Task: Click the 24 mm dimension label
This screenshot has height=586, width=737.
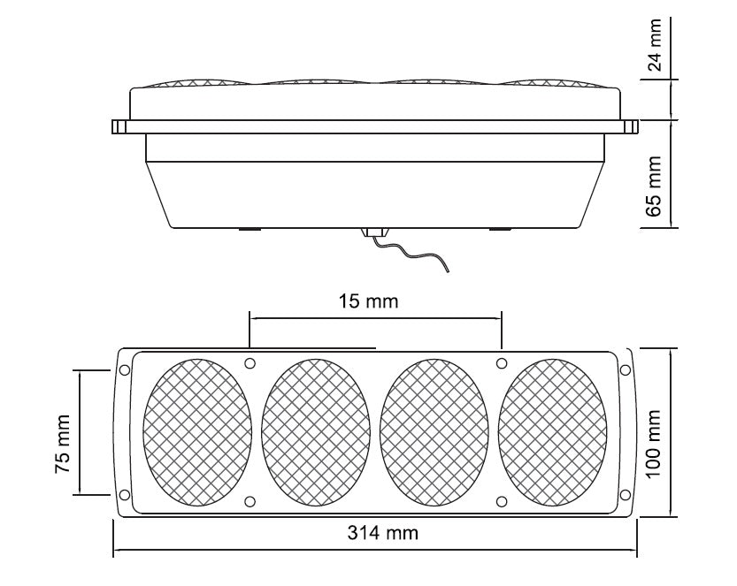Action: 654,44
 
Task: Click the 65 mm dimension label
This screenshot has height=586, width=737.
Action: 654,186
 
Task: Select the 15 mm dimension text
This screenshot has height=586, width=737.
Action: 368,301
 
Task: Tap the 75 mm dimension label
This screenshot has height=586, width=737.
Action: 63,444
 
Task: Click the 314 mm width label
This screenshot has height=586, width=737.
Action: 382,532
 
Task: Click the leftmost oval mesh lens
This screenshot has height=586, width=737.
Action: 197,432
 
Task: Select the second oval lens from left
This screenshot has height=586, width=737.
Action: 315,432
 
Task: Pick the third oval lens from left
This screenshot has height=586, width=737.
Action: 434,432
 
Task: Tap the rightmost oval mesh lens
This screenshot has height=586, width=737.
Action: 552,432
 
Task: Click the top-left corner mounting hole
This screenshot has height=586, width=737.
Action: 125,370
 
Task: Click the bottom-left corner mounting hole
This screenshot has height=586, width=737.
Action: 125,494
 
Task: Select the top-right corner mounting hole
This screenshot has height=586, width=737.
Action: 626,370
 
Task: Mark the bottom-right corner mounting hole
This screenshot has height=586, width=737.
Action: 626,494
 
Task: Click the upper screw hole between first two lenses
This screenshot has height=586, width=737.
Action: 250,363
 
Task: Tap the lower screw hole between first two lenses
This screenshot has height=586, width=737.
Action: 250,501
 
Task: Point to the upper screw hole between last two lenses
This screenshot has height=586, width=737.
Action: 502,363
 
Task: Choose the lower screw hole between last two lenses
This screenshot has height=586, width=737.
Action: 502,501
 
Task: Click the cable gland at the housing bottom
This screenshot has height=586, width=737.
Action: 374,232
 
